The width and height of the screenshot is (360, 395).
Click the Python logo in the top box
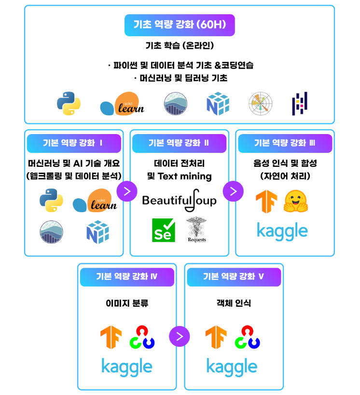click(69, 103)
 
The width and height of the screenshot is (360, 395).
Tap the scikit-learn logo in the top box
click(122, 104)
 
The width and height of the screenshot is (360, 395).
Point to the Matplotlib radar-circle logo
click(261, 104)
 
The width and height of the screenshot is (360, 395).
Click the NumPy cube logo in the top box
click(218, 104)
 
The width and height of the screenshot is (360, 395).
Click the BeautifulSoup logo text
click(180, 199)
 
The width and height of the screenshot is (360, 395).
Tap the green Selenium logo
click(163, 230)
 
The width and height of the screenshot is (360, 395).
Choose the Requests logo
click(196, 229)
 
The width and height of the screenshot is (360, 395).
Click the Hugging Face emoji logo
click(296, 202)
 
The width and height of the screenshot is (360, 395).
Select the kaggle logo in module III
click(282, 231)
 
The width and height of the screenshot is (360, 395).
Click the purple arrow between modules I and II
click(127, 191)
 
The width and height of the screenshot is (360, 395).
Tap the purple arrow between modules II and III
click(233, 191)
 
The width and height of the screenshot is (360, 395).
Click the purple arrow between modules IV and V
click(180, 336)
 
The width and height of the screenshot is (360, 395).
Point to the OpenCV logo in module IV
click(142, 337)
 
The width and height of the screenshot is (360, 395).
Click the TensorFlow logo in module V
click(216, 337)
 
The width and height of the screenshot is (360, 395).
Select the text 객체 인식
click(234, 303)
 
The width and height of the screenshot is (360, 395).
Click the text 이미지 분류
click(127, 303)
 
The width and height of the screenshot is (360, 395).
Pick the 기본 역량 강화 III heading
click(285, 143)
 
